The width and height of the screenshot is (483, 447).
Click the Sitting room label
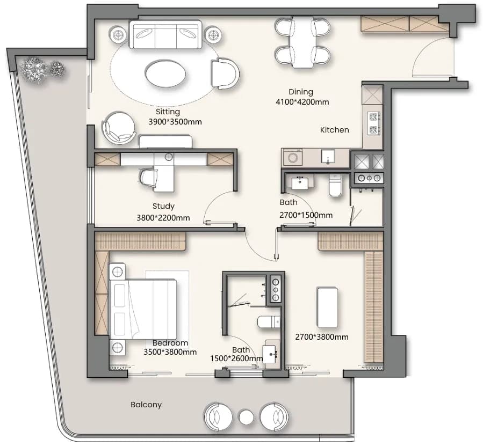168,112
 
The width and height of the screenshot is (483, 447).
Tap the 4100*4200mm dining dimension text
302,102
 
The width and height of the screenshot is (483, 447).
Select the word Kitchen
335,130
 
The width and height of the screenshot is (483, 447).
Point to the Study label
163,206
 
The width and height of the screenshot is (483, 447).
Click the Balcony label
146,405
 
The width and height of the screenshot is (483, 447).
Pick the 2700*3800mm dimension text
322,337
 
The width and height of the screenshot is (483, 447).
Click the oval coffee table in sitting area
165,74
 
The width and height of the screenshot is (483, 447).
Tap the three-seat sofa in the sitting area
165,34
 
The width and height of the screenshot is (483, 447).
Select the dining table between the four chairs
302,42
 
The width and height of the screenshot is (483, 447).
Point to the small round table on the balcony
246,417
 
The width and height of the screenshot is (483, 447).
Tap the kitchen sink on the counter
328,157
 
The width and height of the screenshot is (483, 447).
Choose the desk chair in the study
149,178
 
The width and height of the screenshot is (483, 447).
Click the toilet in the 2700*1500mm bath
335,185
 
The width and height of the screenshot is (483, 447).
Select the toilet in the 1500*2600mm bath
269,322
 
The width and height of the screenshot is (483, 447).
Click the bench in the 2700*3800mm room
327,307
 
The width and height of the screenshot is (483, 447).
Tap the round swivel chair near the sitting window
119,127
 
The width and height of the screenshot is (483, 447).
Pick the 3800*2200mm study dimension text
163,218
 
